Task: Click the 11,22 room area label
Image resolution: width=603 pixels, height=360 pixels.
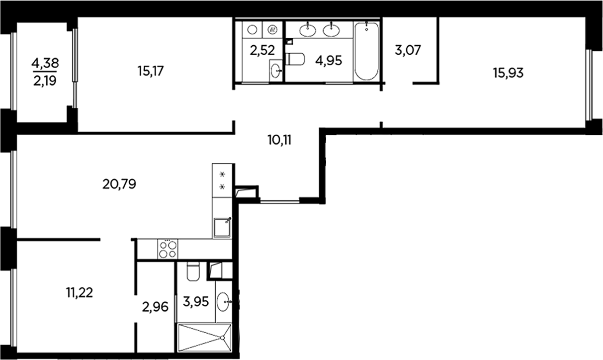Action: coord(80,292)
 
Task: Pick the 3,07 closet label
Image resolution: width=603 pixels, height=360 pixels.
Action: coord(408,50)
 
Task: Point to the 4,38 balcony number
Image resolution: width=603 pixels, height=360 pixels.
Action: coord(45,63)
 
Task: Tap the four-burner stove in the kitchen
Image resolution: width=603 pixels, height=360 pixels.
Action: coord(167,249)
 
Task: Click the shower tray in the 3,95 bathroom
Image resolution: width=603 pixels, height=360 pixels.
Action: coord(204,338)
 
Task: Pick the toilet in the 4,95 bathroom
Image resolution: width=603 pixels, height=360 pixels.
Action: coord(296,59)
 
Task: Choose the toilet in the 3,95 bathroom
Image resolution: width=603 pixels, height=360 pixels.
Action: coord(193,271)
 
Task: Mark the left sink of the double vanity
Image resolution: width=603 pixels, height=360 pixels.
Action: coord(308,30)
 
